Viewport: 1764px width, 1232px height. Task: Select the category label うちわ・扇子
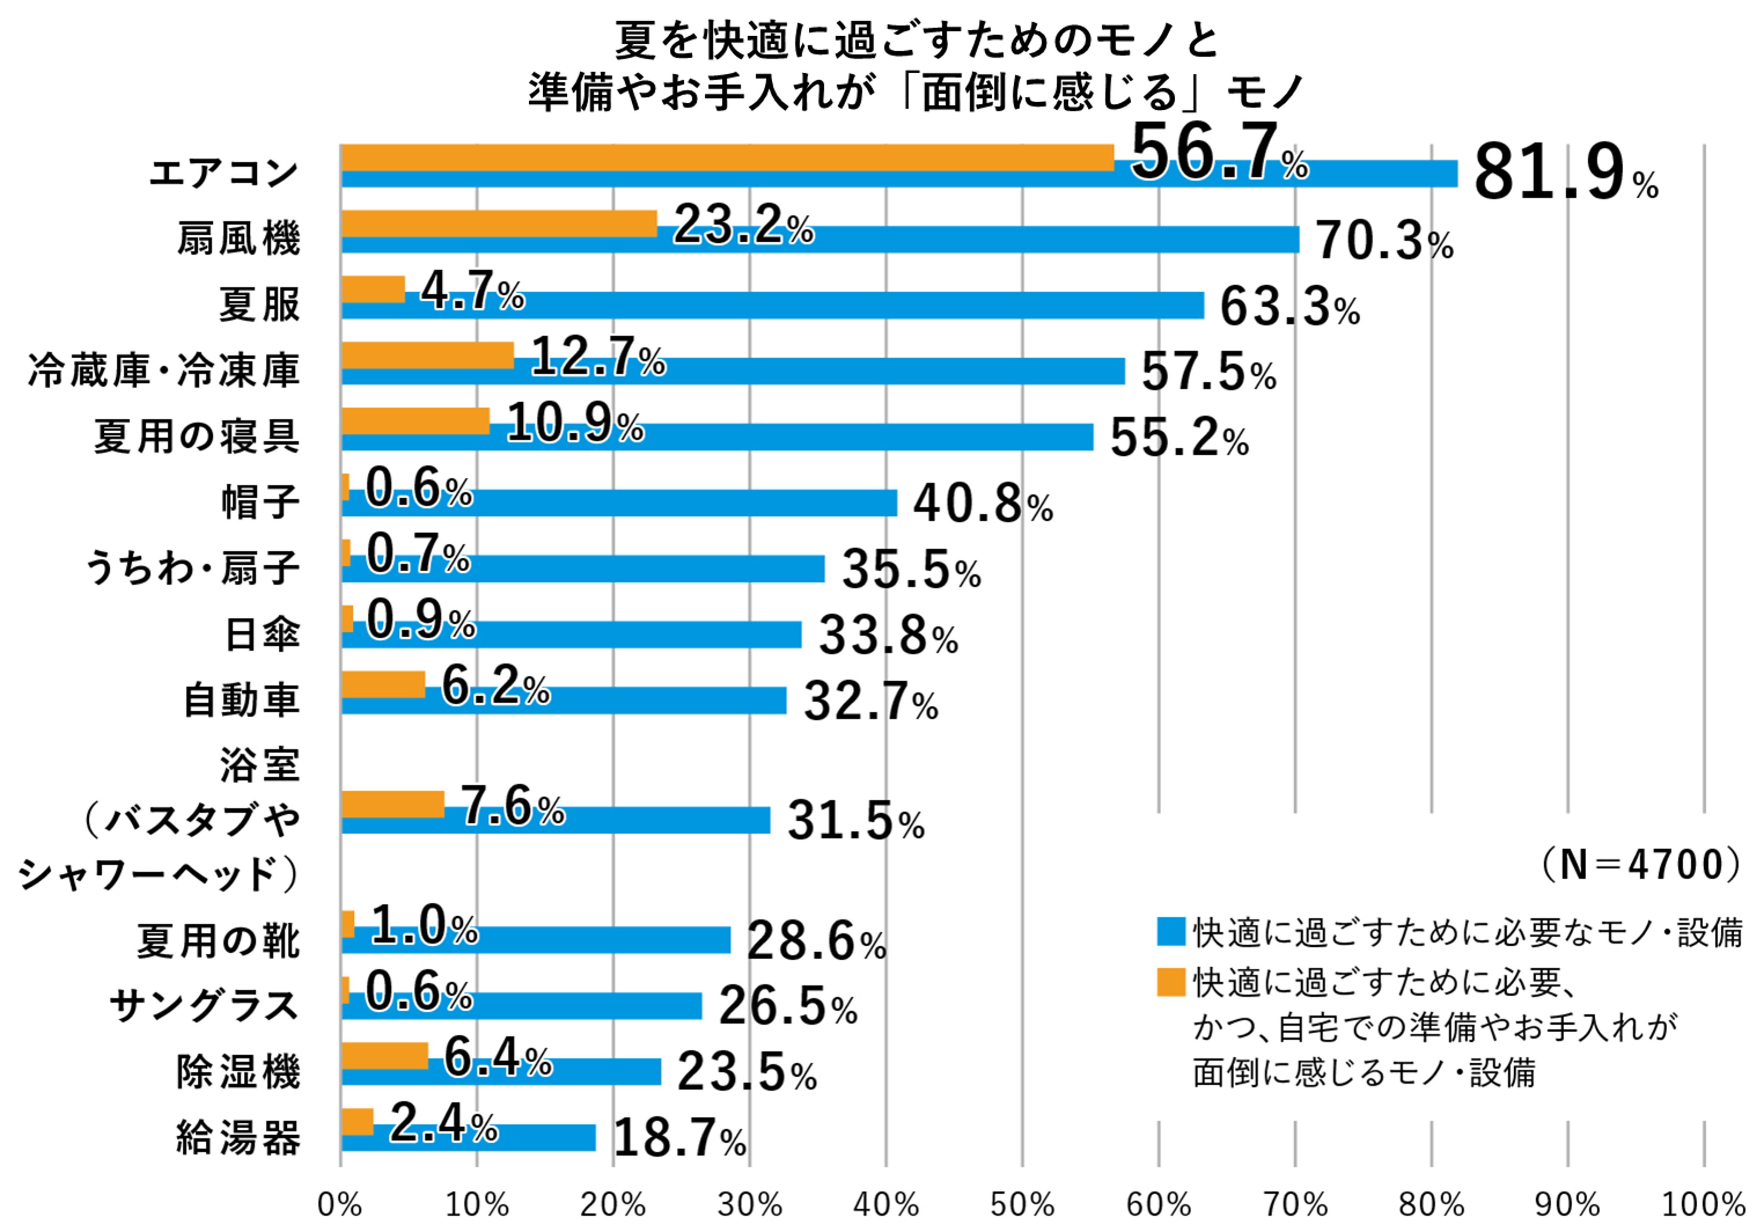(192, 569)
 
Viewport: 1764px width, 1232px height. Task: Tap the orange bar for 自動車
(383, 684)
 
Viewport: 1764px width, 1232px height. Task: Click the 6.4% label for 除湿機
(497, 1058)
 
